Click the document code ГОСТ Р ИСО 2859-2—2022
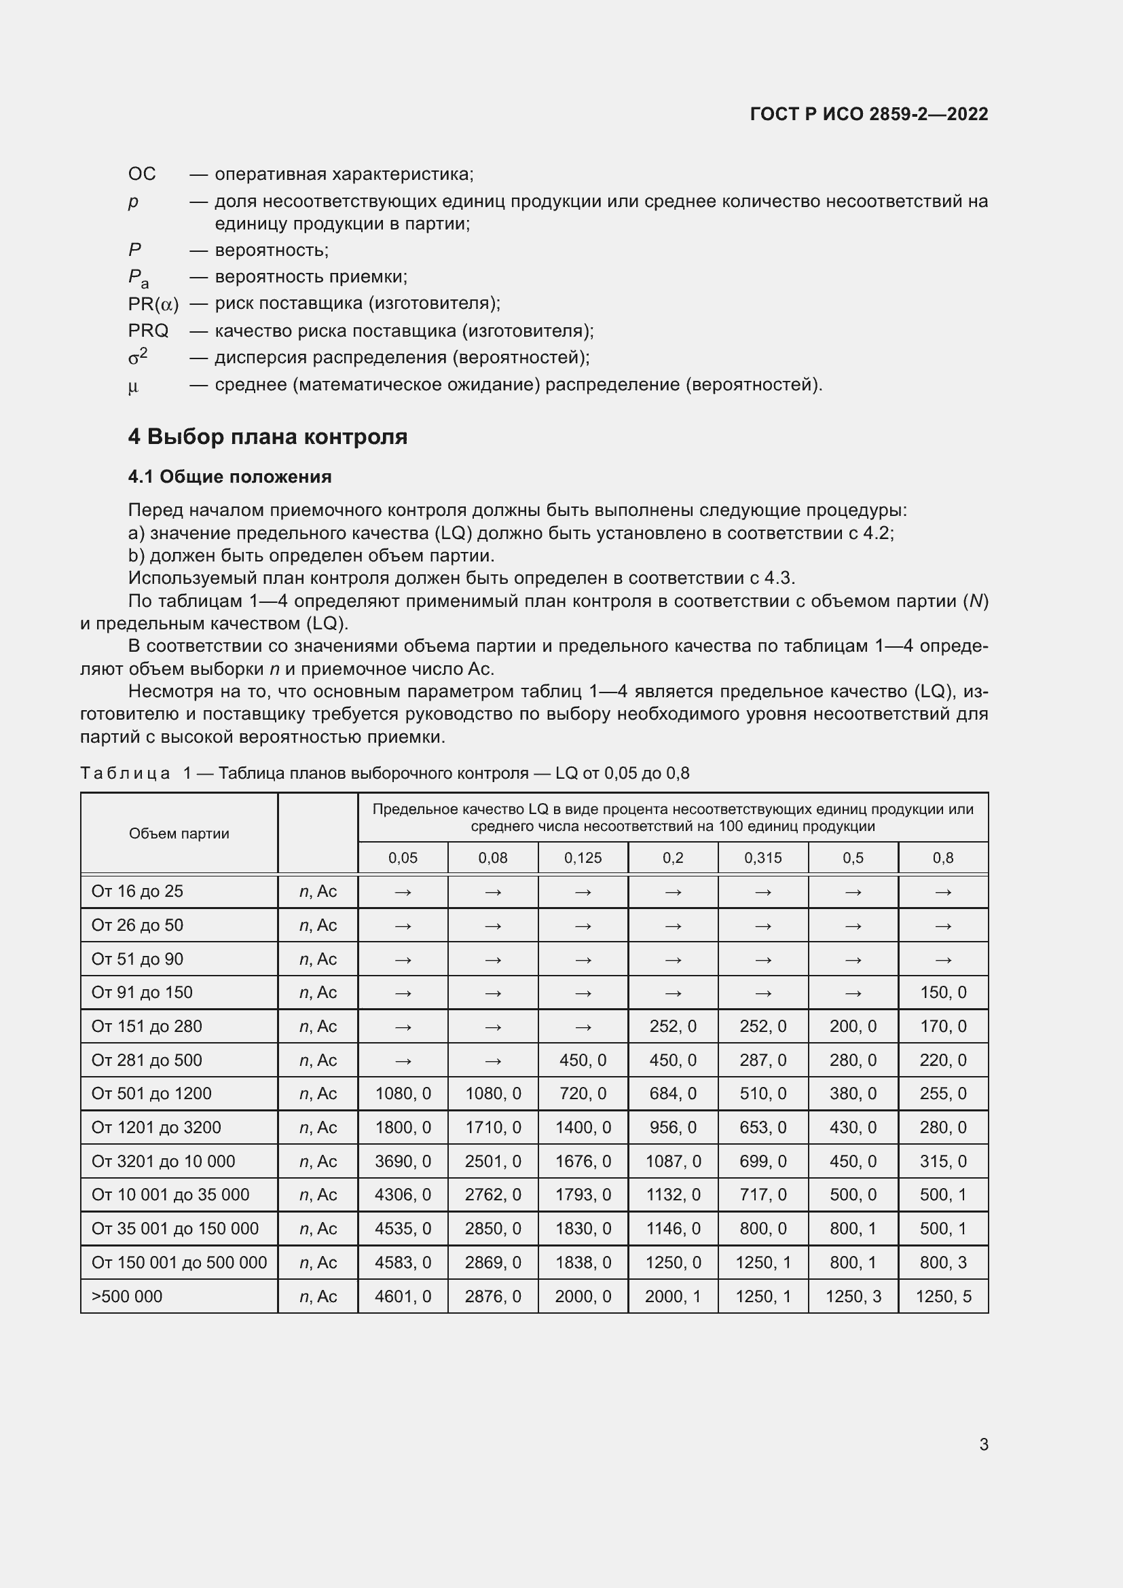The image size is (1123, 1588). [x=868, y=114]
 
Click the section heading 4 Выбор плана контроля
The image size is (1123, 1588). [x=268, y=437]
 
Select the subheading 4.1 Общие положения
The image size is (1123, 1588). [x=229, y=477]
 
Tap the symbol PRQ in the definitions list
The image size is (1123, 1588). [x=148, y=331]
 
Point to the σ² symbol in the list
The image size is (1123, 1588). [x=138, y=357]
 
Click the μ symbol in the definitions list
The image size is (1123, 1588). [x=133, y=385]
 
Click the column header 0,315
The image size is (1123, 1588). [x=762, y=857]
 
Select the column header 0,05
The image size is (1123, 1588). [x=403, y=857]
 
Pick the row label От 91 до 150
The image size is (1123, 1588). [x=142, y=993]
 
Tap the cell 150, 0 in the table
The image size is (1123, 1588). [x=942, y=993]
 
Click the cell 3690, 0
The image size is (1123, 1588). [x=403, y=1161]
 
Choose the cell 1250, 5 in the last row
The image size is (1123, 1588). [x=942, y=1296]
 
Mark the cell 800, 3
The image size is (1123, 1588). [x=942, y=1262]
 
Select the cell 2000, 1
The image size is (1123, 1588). [x=672, y=1296]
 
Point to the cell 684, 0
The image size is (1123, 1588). [x=672, y=1094]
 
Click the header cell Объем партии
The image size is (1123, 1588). [x=179, y=834]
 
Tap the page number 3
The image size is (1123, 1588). [x=983, y=1444]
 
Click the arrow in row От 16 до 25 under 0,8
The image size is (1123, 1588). [x=942, y=892]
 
